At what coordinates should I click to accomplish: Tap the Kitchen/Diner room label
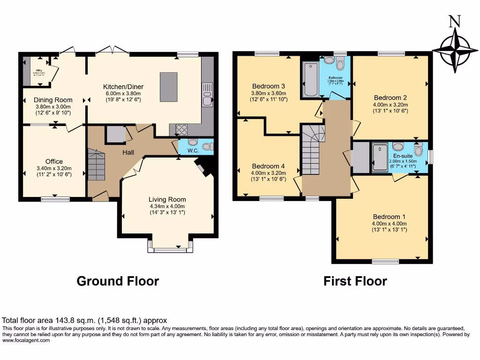pyautogui.click(x=123, y=87)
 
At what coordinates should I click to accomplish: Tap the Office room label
pyautogui.click(x=54, y=162)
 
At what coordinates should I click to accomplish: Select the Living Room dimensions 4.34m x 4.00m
pyautogui.click(x=167, y=206)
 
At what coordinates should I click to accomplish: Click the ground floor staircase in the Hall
pyautogui.click(x=96, y=165)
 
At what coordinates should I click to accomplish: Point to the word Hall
pyautogui.click(x=129, y=153)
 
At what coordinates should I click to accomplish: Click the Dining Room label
pyautogui.click(x=53, y=100)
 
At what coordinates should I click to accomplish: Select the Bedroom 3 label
pyautogui.click(x=269, y=86)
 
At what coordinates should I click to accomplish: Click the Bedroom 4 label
pyautogui.click(x=268, y=166)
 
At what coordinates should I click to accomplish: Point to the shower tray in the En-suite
pyautogui.click(x=380, y=158)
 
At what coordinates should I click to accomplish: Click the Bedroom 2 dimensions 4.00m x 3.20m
pyautogui.click(x=390, y=105)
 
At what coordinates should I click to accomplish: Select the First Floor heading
pyautogui.click(x=355, y=281)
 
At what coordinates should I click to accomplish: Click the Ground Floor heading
pyautogui.click(x=118, y=281)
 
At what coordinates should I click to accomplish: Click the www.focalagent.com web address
pyautogui.click(x=26, y=341)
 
